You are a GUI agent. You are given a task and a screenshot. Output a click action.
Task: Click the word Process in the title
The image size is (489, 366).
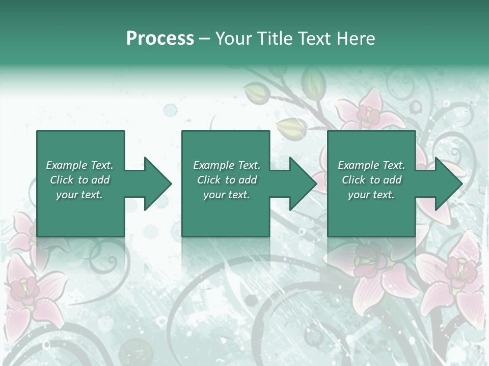[x=160, y=39]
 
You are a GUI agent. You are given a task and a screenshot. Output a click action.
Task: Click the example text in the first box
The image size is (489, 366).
[x=80, y=180]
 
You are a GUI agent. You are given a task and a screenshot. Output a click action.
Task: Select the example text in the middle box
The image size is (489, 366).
[x=227, y=180]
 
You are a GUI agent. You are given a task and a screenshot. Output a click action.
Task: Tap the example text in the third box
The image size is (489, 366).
[x=371, y=180]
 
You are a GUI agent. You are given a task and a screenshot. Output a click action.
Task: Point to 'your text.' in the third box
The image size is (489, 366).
[x=371, y=195]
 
